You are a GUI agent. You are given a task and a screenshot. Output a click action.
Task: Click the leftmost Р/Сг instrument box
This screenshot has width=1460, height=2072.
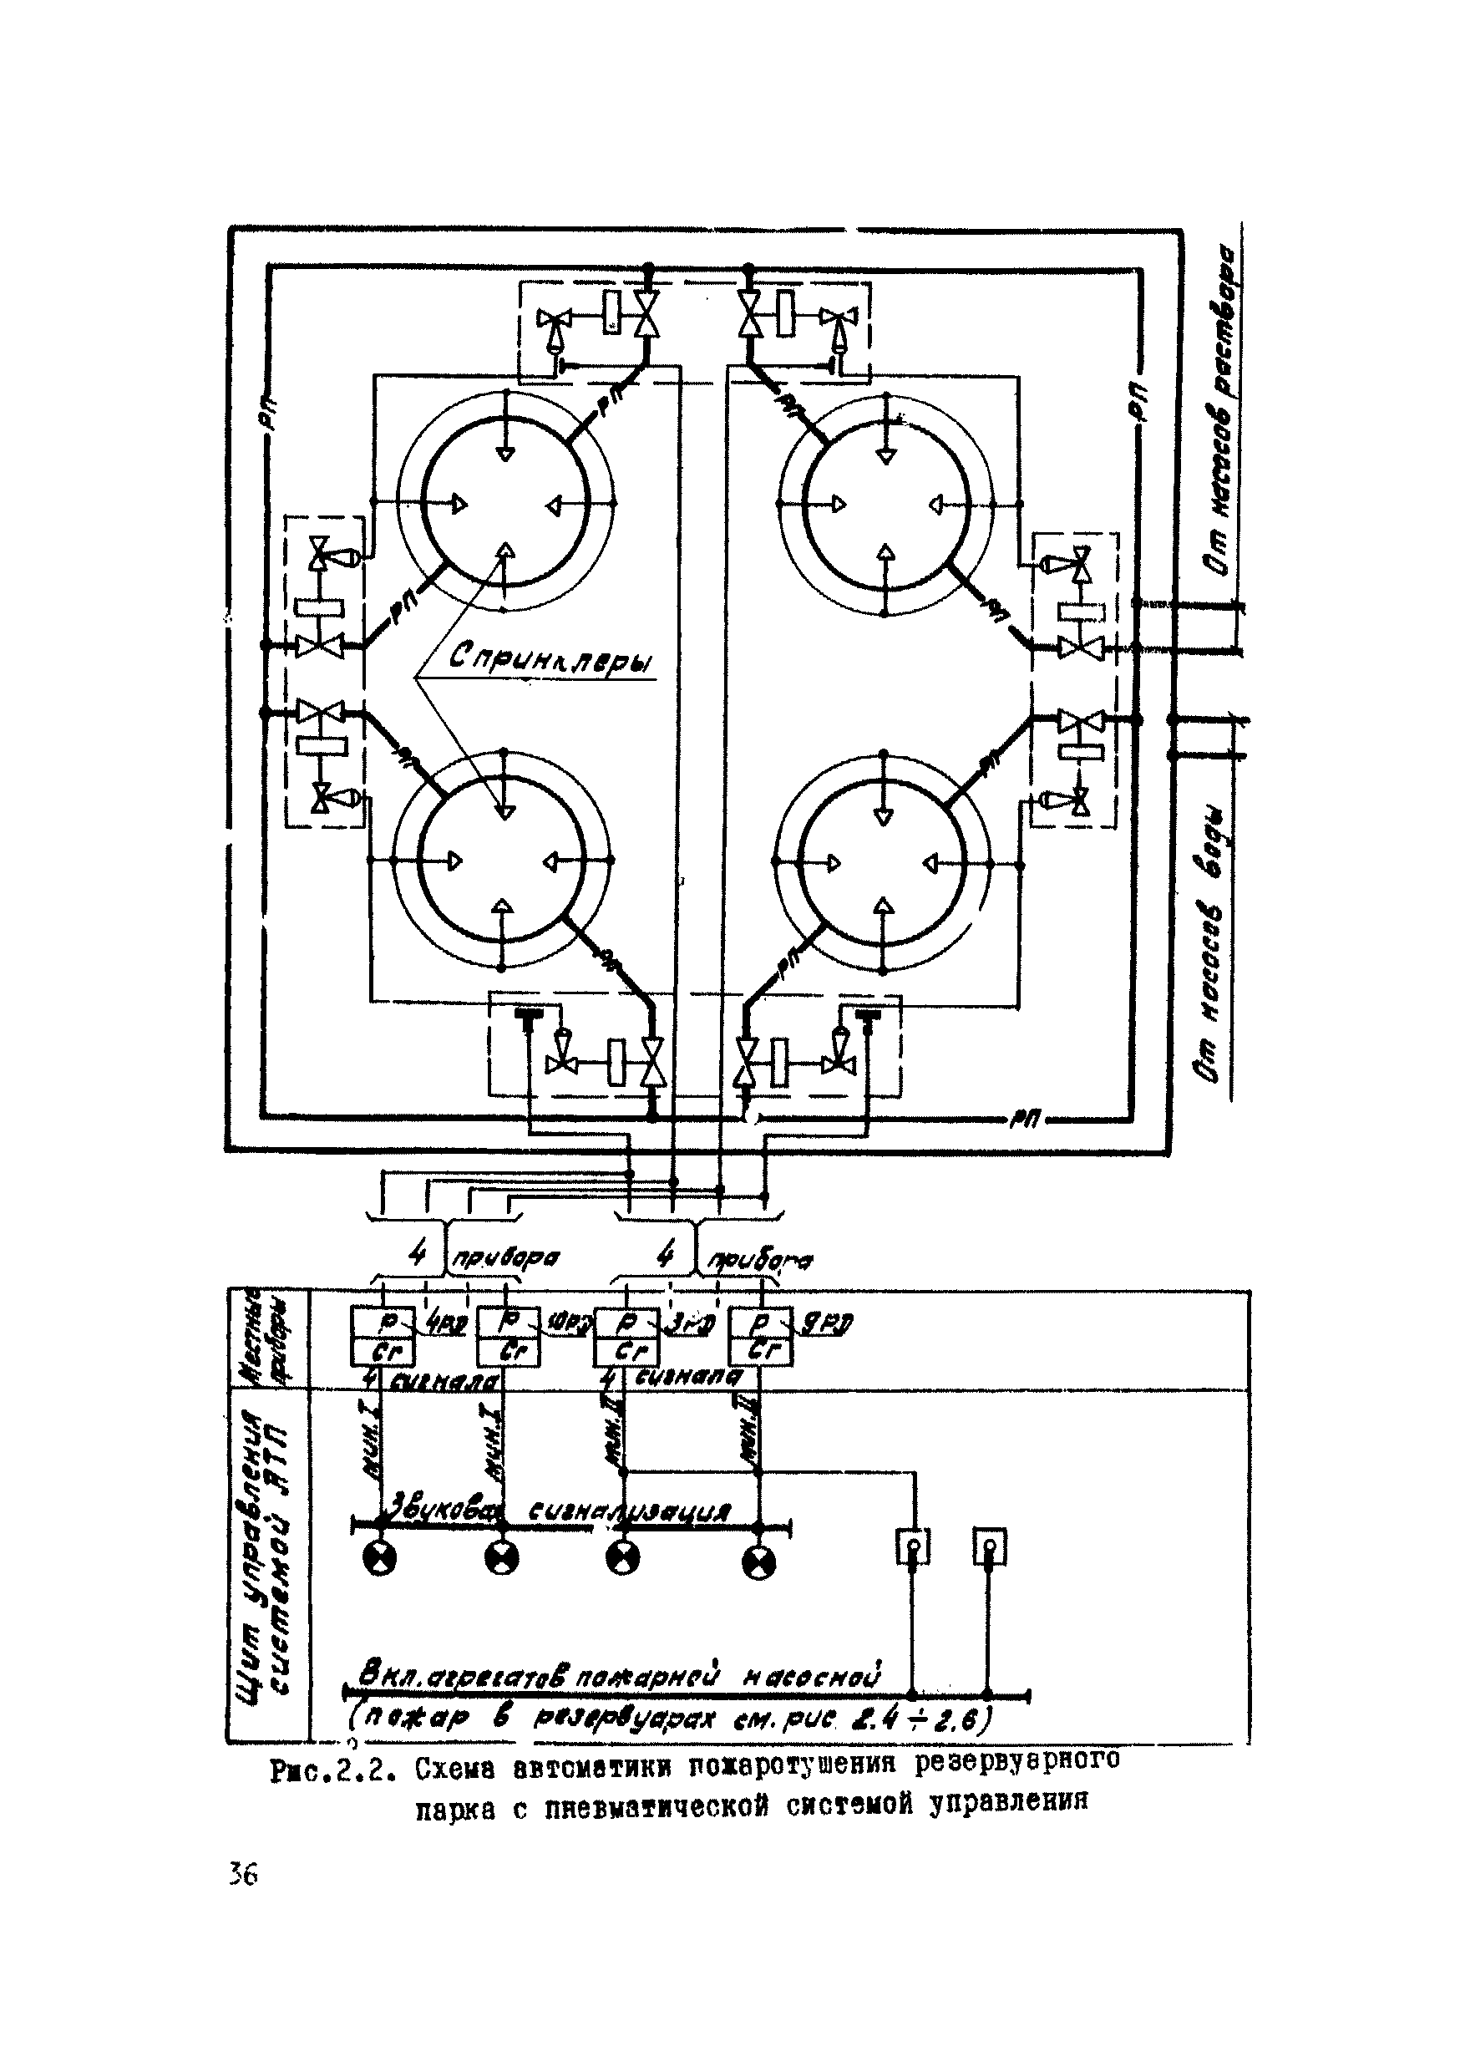click(x=383, y=1337)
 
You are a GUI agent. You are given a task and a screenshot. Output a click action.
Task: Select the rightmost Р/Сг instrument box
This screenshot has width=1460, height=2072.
click(x=761, y=1337)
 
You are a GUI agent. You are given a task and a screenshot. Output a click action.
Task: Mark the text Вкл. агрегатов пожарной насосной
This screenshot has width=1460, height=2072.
click(x=619, y=1677)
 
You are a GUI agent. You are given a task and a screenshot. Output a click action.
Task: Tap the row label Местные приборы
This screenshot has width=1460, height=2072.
click(x=268, y=1337)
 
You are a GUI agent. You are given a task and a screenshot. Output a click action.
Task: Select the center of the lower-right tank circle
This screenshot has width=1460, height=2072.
click(x=885, y=863)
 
